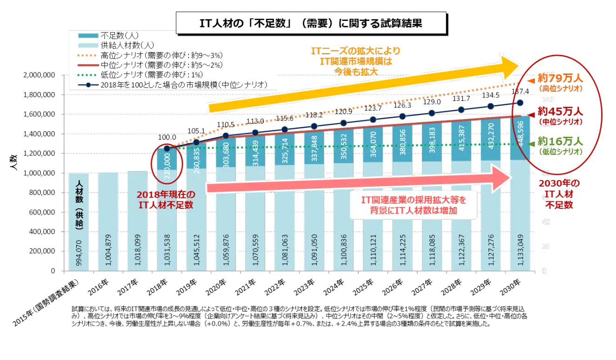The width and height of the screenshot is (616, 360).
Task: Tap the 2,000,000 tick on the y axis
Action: [39, 75]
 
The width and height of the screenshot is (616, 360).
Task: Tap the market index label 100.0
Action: [167, 138]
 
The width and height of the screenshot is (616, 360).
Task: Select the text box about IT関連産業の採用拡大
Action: [414, 205]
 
